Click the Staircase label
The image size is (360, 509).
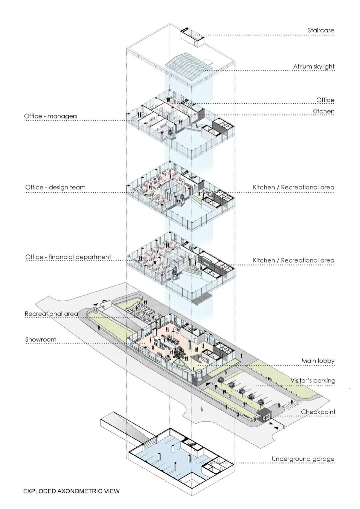pos(321,30)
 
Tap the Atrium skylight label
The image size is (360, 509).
pos(314,66)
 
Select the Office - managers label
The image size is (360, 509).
pos(51,116)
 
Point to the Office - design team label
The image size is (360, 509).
pos(55,187)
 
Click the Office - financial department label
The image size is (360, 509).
pos(68,257)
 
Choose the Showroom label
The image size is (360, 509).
pos(41,340)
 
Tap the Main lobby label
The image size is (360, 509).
pos(318,361)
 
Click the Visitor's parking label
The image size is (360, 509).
pos(312,380)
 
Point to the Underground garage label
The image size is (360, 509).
pos(303,459)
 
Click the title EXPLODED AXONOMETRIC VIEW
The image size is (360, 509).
pos(71,491)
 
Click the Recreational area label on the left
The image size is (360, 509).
pos(51,314)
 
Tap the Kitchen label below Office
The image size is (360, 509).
pos(323,111)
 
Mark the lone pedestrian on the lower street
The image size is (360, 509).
pos(202,408)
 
